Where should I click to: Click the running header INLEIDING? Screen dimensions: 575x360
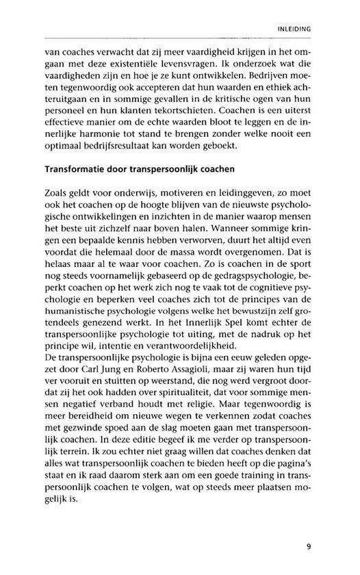click(x=294, y=29)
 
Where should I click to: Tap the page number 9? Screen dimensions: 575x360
click(x=309, y=546)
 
